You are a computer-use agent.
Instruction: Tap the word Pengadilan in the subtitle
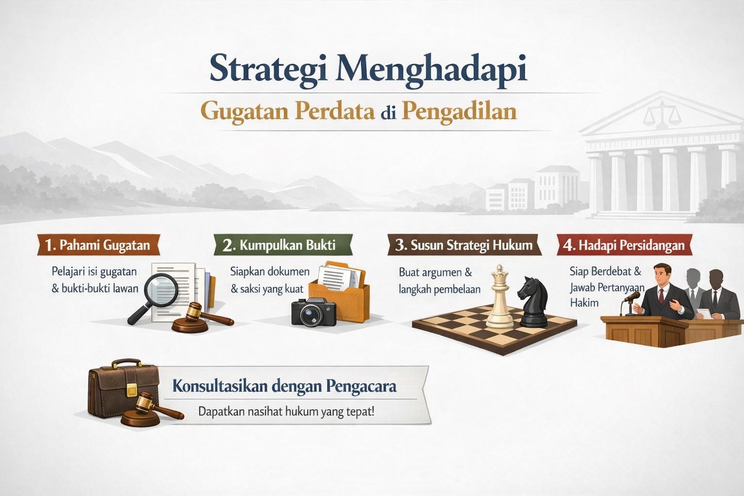pos(459,111)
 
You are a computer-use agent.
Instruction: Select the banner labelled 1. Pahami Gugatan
pos(98,245)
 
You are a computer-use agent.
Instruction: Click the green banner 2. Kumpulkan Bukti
pos(282,245)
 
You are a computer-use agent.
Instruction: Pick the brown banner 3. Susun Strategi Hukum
pos(464,245)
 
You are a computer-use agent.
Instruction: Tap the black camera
pos(313,311)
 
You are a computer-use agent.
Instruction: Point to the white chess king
pos(499,298)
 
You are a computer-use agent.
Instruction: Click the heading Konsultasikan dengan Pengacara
pos(284,387)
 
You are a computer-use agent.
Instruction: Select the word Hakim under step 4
pos(584,303)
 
